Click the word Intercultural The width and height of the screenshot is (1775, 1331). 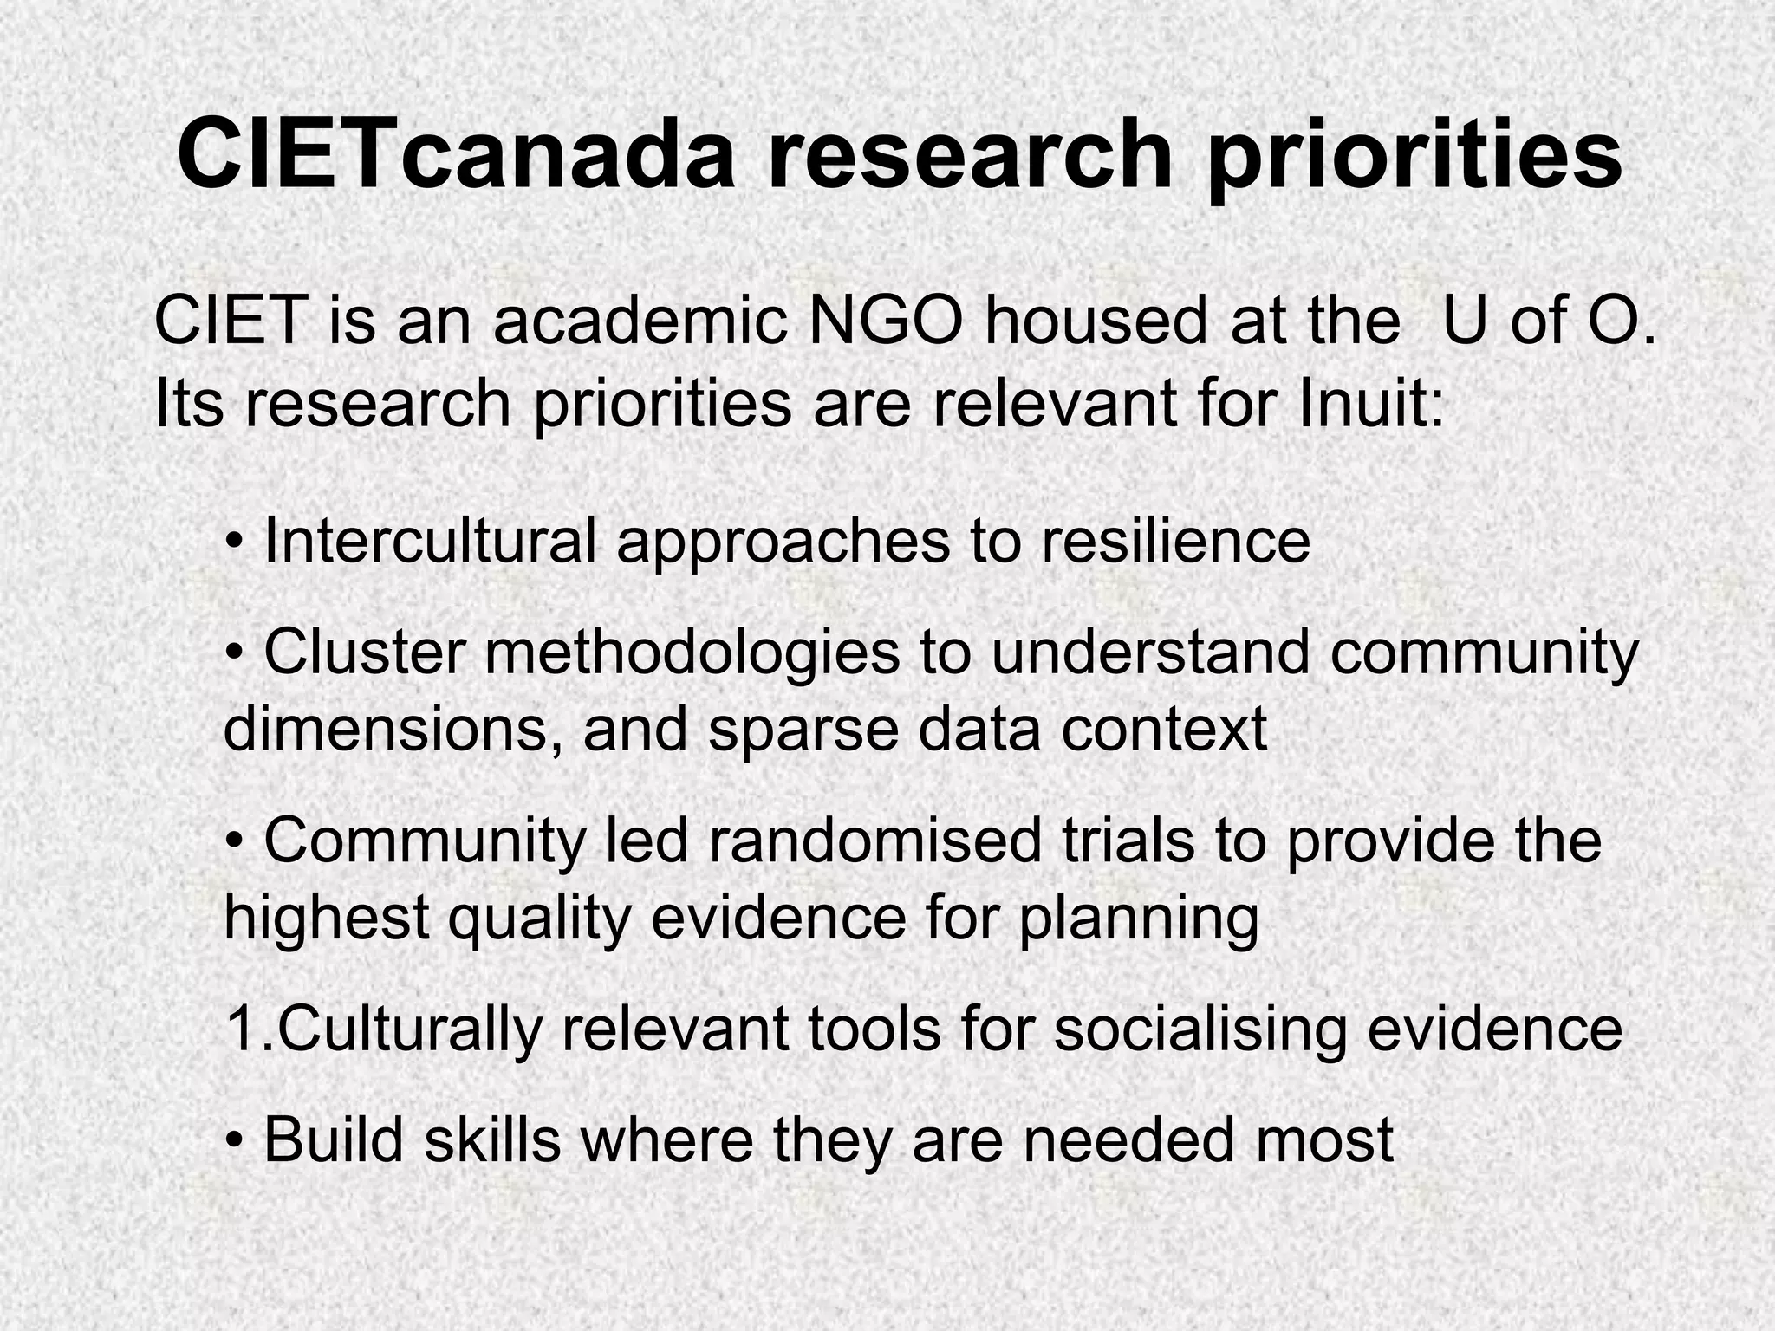[x=430, y=541]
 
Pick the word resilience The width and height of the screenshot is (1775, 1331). [x=1175, y=541]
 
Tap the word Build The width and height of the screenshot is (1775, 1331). [x=334, y=1139]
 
